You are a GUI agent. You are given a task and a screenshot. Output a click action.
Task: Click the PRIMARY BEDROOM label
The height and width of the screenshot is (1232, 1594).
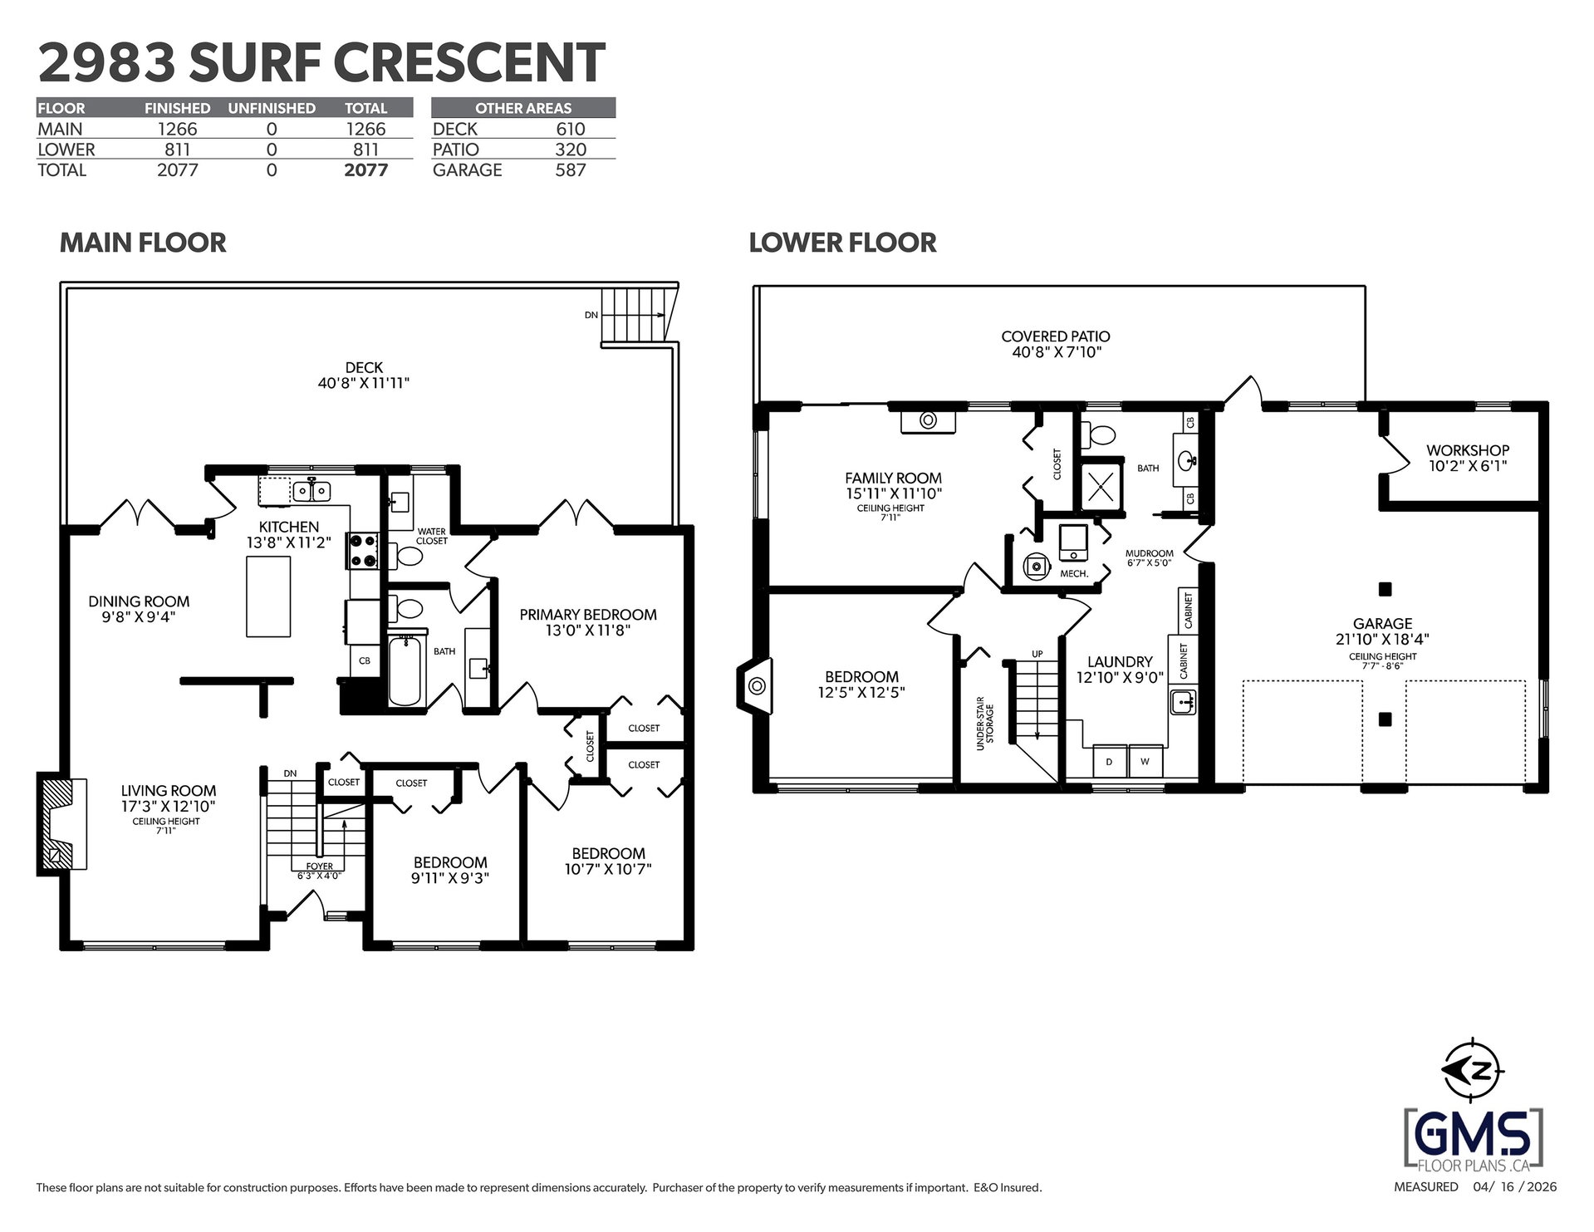(x=588, y=615)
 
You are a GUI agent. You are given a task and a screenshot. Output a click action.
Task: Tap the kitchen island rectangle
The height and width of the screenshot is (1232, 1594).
(x=268, y=596)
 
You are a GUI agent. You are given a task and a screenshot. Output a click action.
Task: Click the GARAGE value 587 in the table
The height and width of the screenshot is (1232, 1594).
(x=571, y=170)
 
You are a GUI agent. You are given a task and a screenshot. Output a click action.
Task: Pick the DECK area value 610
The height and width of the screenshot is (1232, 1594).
(x=571, y=129)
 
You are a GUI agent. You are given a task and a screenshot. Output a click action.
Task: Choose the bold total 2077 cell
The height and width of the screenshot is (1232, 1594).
(x=365, y=170)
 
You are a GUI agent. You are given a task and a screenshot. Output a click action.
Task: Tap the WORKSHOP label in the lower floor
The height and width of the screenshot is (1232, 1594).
(x=1468, y=450)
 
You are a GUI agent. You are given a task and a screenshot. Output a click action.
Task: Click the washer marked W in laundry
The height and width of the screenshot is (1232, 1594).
(x=1145, y=761)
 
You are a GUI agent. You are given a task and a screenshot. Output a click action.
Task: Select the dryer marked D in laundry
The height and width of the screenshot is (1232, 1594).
(x=1109, y=761)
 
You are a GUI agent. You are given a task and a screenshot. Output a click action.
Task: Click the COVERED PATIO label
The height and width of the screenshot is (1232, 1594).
(x=1056, y=336)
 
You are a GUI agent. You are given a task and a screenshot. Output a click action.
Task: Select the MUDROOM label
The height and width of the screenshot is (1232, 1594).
(x=1149, y=553)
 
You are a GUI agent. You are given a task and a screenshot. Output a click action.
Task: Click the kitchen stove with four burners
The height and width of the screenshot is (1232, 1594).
(x=363, y=550)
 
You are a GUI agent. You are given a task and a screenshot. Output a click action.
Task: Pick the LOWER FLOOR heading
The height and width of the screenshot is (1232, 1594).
(x=842, y=243)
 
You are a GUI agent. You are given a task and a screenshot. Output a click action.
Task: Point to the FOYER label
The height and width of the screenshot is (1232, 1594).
(x=319, y=866)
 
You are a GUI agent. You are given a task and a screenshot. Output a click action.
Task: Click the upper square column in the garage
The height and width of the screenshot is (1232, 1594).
(x=1385, y=590)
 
